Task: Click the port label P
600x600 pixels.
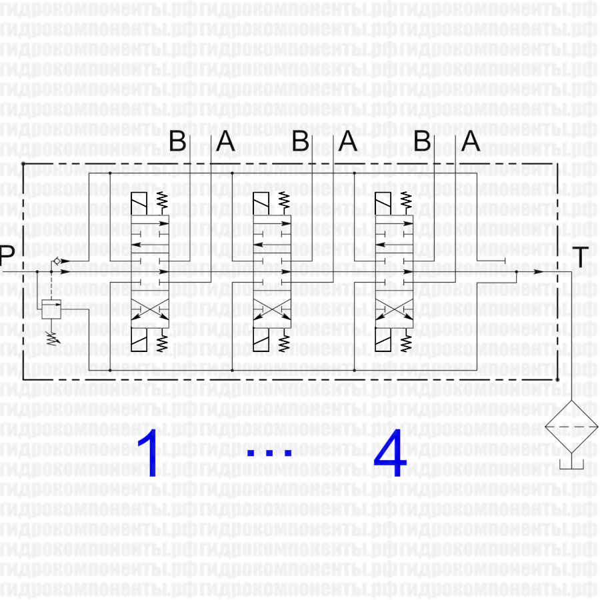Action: [7, 257]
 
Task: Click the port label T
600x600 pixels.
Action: [582, 257]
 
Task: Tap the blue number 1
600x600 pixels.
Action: [149, 455]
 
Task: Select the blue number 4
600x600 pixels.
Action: [390, 455]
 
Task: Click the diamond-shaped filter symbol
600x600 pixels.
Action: [571, 426]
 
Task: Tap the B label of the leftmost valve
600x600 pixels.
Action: [178, 141]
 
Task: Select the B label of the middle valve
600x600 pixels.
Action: [302, 141]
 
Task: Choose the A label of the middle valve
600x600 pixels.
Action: [348, 141]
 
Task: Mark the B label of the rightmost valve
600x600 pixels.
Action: [423, 141]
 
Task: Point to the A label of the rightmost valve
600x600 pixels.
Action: [471, 141]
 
